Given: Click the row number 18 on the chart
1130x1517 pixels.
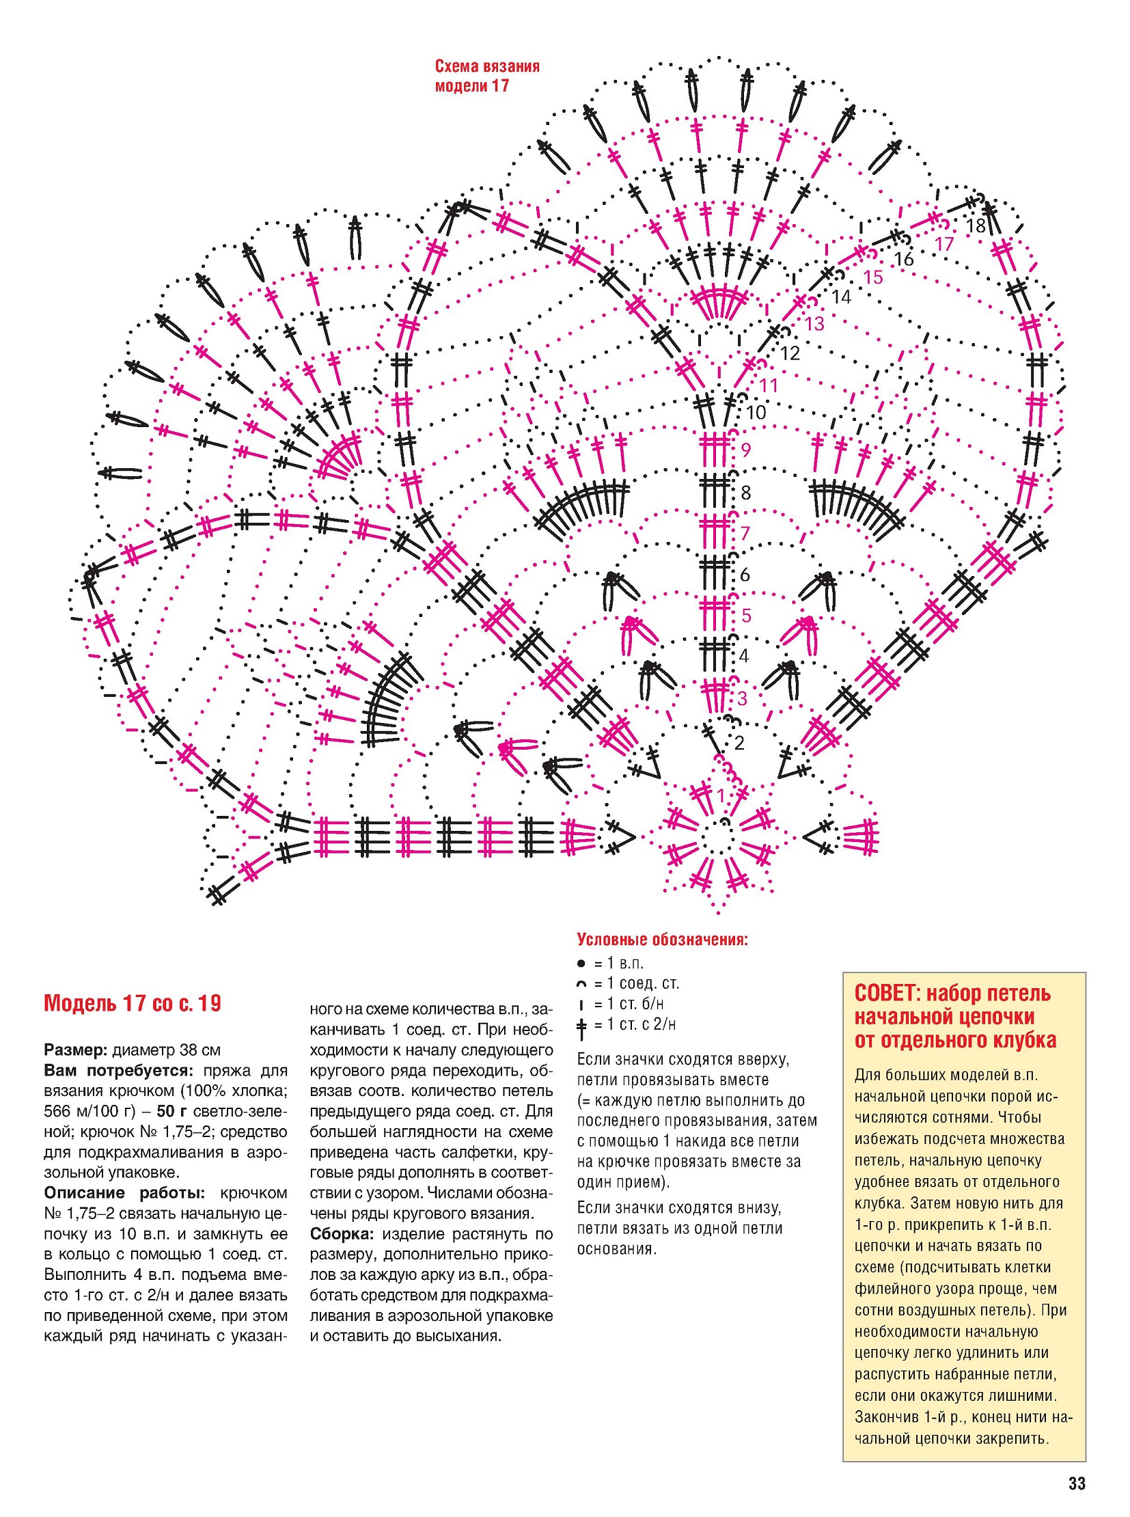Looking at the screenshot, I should (x=976, y=225).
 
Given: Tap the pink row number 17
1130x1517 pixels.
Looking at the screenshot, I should (x=944, y=243).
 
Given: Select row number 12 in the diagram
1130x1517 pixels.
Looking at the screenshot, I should (x=790, y=353).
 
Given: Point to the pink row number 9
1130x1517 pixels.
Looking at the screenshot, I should (x=745, y=450).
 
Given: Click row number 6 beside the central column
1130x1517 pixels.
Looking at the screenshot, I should (x=745, y=573).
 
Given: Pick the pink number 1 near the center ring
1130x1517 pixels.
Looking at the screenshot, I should (x=721, y=795).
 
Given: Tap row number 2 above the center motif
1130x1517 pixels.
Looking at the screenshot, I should (x=739, y=742).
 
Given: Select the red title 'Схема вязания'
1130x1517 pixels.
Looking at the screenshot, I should (x=487, y=66).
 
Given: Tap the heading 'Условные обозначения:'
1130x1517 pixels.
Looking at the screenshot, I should (x=662, y=940).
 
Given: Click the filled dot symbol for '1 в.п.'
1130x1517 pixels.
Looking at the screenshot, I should (x=581, y=963).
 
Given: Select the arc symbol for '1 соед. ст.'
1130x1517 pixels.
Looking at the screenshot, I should (x=581, y=984).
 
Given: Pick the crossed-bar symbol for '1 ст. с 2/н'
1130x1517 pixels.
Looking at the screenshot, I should (x=582, y=1025).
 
